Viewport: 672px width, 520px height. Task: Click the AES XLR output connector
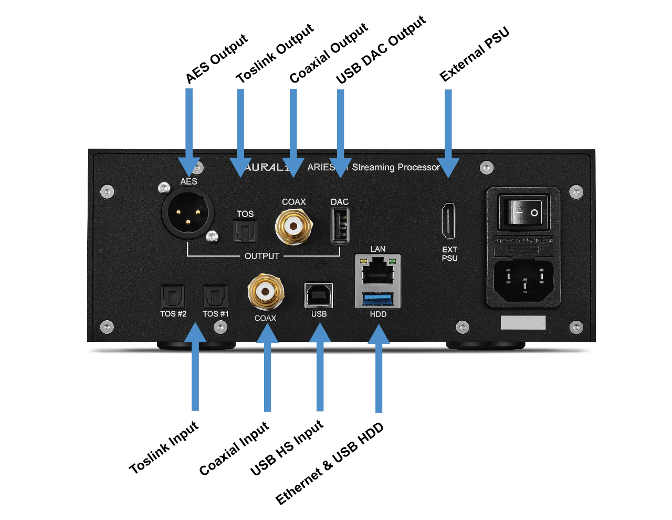coord(188,213)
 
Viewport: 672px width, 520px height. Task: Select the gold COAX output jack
coord(293,227)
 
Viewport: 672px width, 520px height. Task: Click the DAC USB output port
coord(340,226)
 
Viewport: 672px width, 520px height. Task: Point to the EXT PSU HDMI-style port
coord(448,221)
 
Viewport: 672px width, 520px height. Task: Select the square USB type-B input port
coord(319,295)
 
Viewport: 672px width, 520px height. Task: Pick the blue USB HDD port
coord(378,299)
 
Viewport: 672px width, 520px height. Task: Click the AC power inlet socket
coord(523,280)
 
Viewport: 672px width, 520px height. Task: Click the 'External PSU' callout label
coord(475,54)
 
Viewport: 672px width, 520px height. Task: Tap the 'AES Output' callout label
coord(216,58)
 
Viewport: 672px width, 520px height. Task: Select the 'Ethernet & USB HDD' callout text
coord(330,463)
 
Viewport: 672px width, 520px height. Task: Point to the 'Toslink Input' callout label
coord(164,447)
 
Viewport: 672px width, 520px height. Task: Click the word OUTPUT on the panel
coord(262,256)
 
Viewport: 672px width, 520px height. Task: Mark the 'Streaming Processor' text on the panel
coord(395,167)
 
